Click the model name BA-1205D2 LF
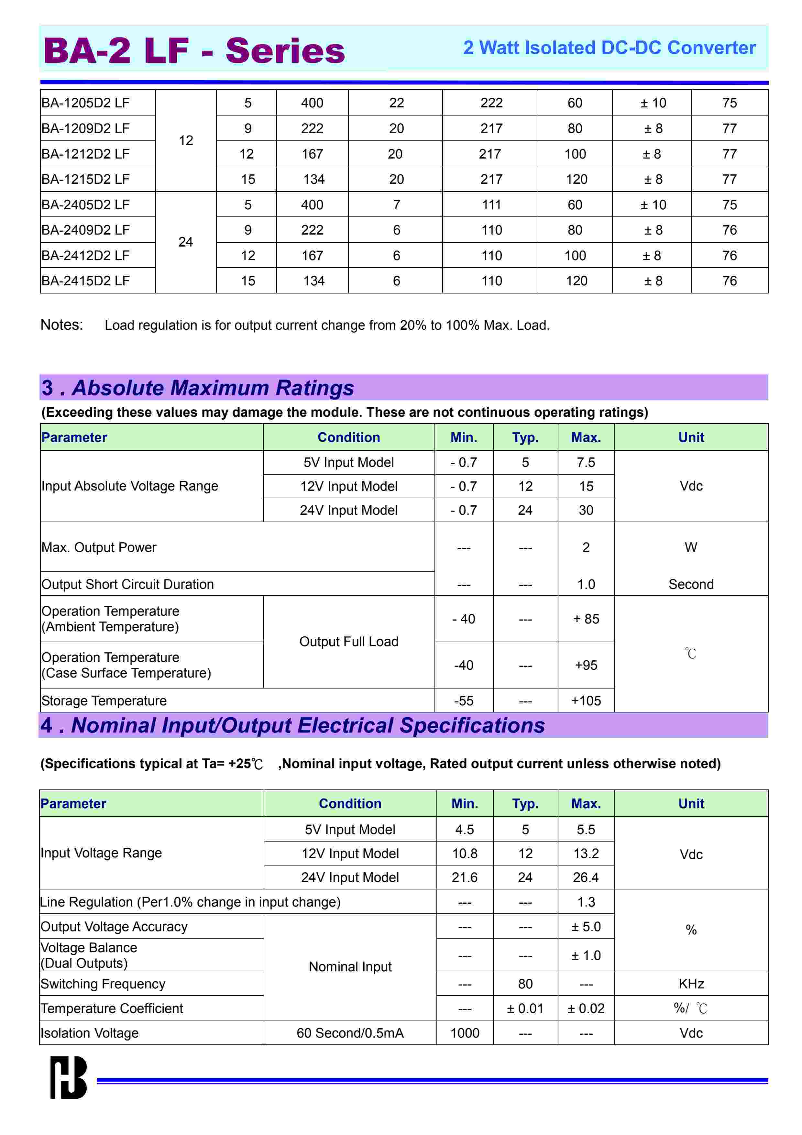click(85, 103)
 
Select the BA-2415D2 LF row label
click(85, 281)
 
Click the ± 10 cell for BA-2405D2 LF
click(653, 205)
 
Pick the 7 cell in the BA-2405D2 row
click(396, 205)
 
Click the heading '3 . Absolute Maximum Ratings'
click(198, 388)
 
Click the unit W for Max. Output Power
click(691, 547)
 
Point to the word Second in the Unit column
click(691, 584)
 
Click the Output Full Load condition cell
click(348, 642)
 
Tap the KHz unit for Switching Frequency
click(691, 984)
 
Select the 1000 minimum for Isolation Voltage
click(465, 1033)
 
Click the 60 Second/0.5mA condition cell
click(350, 1033)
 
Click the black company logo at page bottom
click(69, 1078)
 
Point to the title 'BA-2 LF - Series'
click(194, 50)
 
